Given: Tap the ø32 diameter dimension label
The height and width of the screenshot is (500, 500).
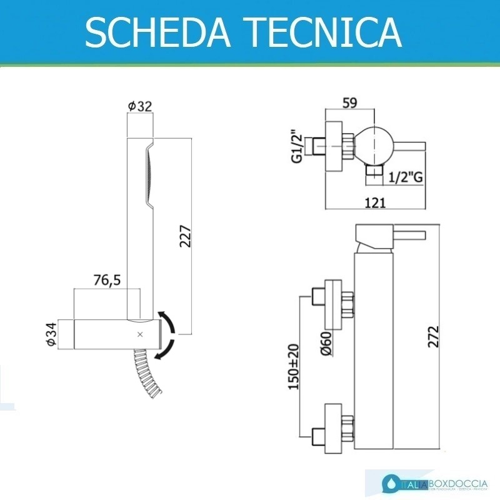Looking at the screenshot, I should point(140,106).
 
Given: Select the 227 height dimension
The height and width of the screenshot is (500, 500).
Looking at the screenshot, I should point(185,236).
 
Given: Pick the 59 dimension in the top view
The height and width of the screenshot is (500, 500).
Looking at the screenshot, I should point(350,104).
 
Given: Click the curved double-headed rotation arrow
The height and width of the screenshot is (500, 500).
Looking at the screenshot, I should point(169,335).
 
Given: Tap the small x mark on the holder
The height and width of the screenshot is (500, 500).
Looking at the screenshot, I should point(140,334).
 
